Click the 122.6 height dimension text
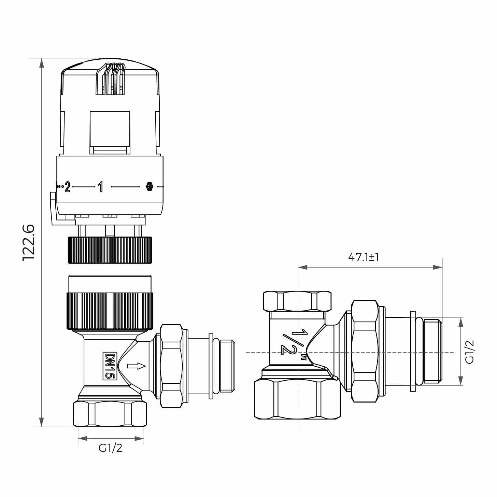[x=29, y=243]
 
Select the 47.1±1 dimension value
[x=364, y=257]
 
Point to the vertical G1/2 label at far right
[x=469, y=352]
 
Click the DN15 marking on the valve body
[x=110, y=366]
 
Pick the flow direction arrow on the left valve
[x=137, y=366]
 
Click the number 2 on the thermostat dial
[x=68, y=187]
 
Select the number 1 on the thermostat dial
[x=101, y=187]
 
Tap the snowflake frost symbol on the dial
[x=149, y=186]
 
